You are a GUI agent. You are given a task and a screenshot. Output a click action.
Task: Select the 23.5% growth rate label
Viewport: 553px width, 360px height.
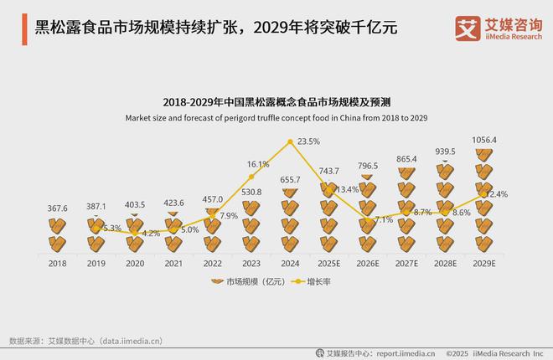coord(309,141)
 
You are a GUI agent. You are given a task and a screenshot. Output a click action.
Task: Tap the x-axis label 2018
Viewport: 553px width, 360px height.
coord(57,262)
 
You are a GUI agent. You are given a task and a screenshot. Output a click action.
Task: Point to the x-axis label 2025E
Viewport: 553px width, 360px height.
coord(328,262)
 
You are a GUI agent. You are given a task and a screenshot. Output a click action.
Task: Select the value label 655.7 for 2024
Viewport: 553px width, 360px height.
coord(290,180)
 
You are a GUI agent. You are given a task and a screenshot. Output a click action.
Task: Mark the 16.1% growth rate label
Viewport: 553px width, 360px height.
coord(258,164)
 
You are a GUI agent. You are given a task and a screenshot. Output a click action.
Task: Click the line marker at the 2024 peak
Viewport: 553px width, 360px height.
coord(291,142)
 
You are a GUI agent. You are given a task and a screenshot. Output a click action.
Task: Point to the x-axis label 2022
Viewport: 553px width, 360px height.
coord(212,262)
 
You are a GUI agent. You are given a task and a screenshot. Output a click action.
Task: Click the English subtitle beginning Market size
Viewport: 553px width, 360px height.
coord(276,117)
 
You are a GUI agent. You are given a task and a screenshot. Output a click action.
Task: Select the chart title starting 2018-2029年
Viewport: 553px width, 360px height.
coord(276,103)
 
